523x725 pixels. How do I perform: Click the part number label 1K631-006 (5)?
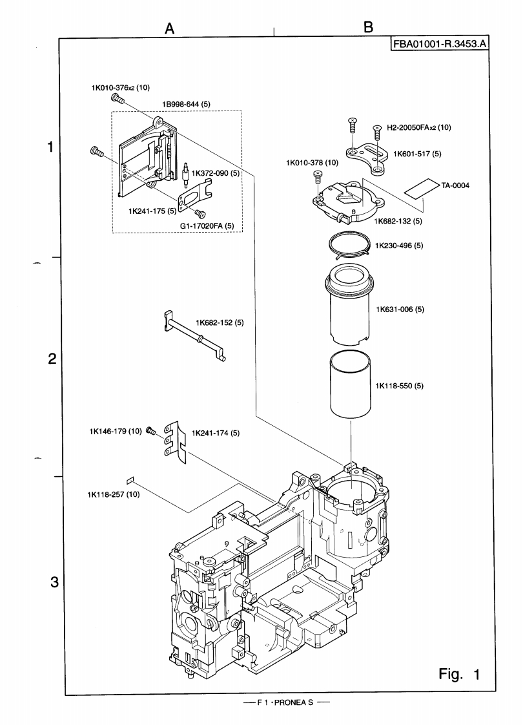(399, 310)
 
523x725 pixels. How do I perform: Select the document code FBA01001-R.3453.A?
(439, 45)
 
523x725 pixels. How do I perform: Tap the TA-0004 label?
(456, 185)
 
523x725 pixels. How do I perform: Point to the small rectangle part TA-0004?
(419, 187)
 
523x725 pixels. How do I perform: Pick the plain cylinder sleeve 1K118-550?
(349, 384)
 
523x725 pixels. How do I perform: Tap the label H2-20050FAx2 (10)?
(418, 128)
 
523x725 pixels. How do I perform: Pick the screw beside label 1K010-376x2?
(118, 99)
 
